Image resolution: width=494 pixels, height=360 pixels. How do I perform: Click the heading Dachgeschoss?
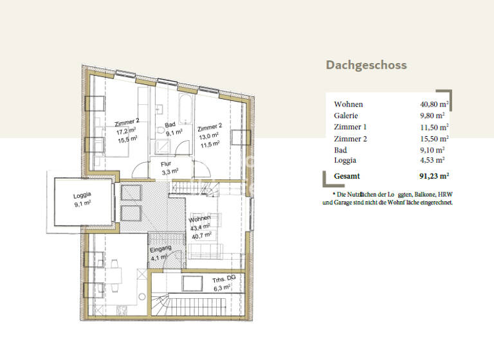[366, 65]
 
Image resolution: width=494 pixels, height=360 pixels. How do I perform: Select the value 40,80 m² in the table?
[434, 104]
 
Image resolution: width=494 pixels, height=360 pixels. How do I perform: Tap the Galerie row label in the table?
[345, 115]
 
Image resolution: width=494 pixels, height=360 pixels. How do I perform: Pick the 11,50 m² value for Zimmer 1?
[434, 127]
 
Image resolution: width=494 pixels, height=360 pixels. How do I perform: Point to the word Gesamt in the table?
[347, 175]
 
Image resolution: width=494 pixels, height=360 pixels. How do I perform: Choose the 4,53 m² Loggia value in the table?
[432, 160]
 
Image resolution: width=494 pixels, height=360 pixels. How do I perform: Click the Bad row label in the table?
[340, 149]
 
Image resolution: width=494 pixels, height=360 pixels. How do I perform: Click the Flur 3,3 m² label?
[170, 168]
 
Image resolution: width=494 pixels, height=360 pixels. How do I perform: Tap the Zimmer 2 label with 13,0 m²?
[210, 131]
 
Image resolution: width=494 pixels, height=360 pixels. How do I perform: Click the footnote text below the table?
[388, 198]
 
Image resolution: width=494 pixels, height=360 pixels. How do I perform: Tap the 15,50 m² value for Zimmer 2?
[434, 138]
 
